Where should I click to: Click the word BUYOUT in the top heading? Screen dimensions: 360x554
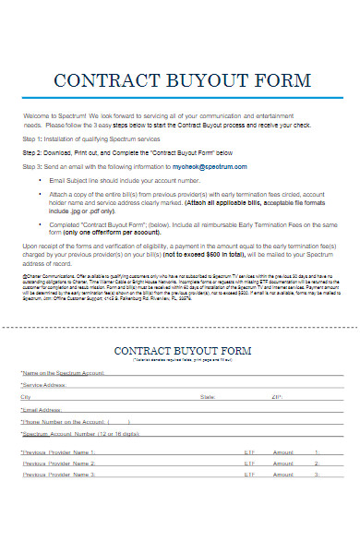[x=192, y=79]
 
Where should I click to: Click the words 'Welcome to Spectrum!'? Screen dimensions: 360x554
[x=53, y=114]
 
